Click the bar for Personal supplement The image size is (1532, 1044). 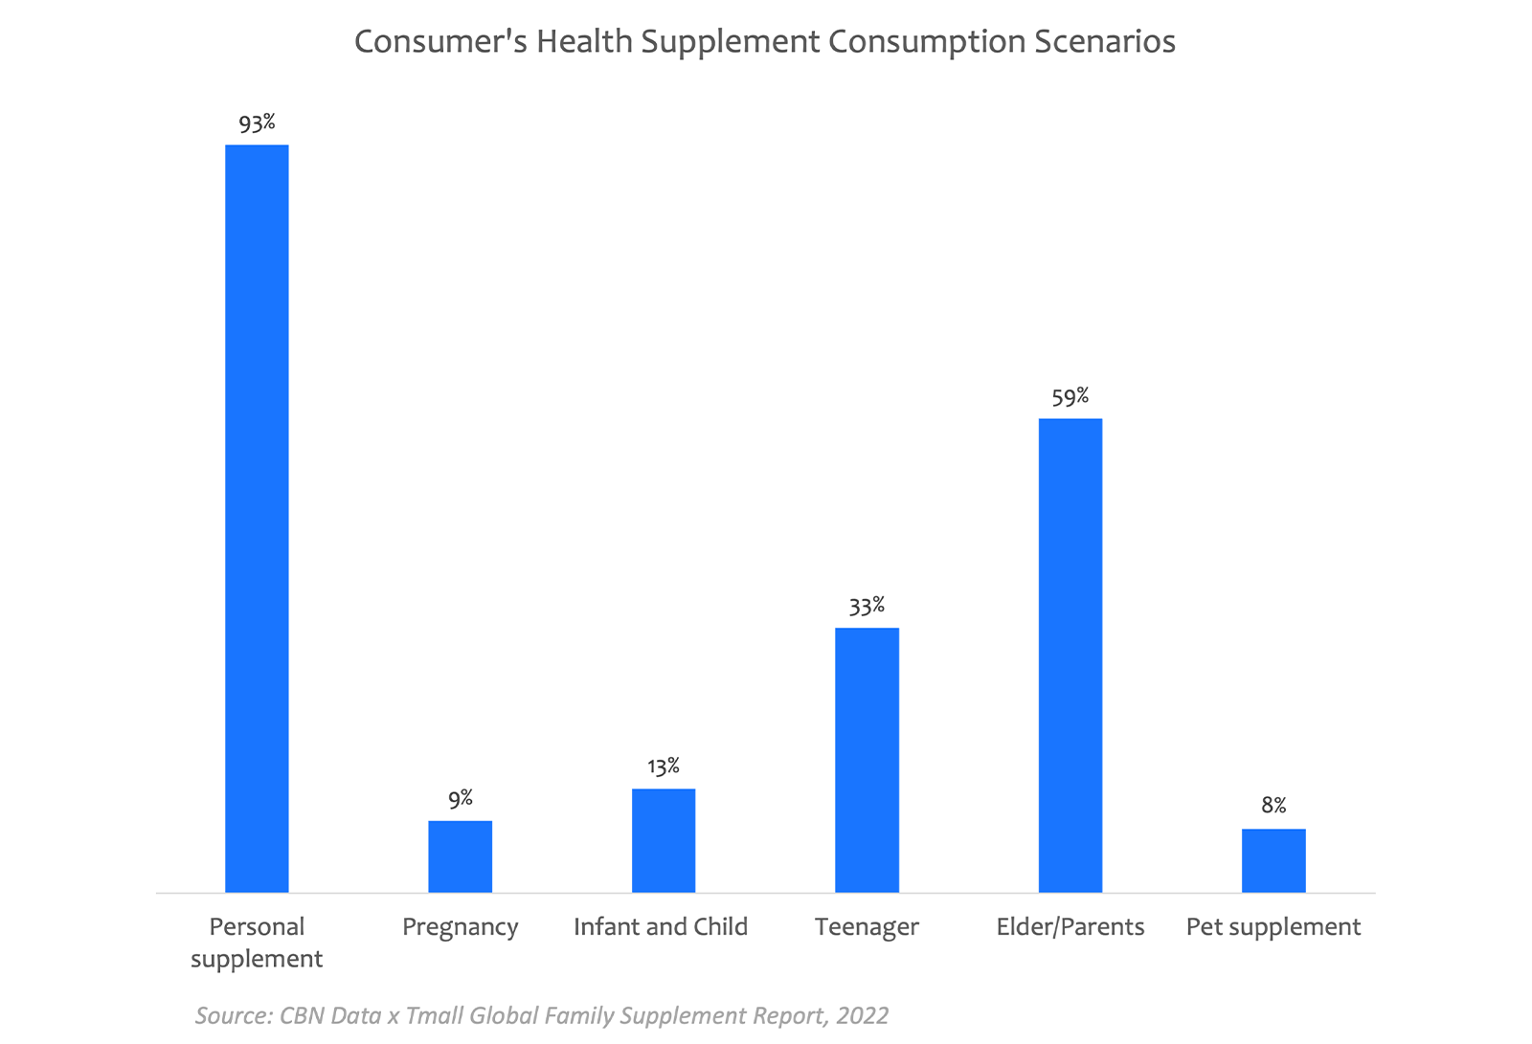(257, 518)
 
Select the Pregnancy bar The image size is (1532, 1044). (460, 856)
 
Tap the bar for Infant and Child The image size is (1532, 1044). (664, 840)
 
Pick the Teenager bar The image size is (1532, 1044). (867, 760)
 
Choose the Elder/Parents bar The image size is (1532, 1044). (1070, 655)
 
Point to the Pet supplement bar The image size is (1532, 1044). (1273, 860)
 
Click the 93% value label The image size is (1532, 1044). (257, 123)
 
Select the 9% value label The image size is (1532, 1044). (461, 799)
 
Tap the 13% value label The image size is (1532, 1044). (664, 766)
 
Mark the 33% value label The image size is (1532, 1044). (867, 607)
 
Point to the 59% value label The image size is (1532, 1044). (1070, 397)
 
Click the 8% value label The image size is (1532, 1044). (1273, 806)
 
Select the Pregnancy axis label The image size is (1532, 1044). (460, 927)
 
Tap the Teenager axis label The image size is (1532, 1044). (867, 927)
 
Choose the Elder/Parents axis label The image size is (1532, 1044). (1070, 927)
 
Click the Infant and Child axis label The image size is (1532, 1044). (661, 927)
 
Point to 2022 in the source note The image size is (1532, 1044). (862, 1015)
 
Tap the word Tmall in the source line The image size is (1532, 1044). (436, 1015)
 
